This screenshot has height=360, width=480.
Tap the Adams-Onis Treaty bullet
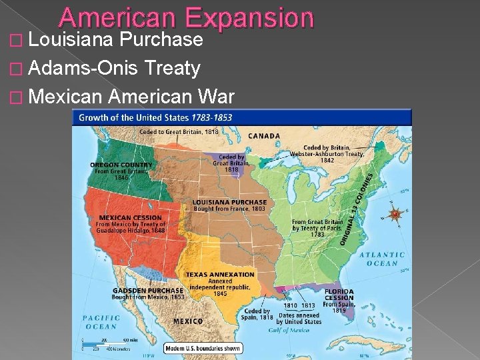click(115, 68)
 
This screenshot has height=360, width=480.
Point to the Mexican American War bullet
click(131, 97)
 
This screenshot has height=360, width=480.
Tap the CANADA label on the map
click(265, 136)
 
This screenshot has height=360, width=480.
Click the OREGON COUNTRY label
click(121, 165)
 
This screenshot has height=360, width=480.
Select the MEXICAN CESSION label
click(131, 217)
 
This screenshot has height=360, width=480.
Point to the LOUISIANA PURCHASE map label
click(229, 202)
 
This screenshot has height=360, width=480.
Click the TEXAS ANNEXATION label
click(220, 274)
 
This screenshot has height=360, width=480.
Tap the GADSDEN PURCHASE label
click(148, 291)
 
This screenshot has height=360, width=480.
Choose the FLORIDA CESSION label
click(339, 295)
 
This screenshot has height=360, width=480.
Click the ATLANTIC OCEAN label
click(382, 259)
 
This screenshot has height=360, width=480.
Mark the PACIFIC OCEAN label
click(101, 322)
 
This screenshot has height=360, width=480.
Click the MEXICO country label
click(188, 321)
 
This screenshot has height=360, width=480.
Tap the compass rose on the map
click(395, 214)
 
